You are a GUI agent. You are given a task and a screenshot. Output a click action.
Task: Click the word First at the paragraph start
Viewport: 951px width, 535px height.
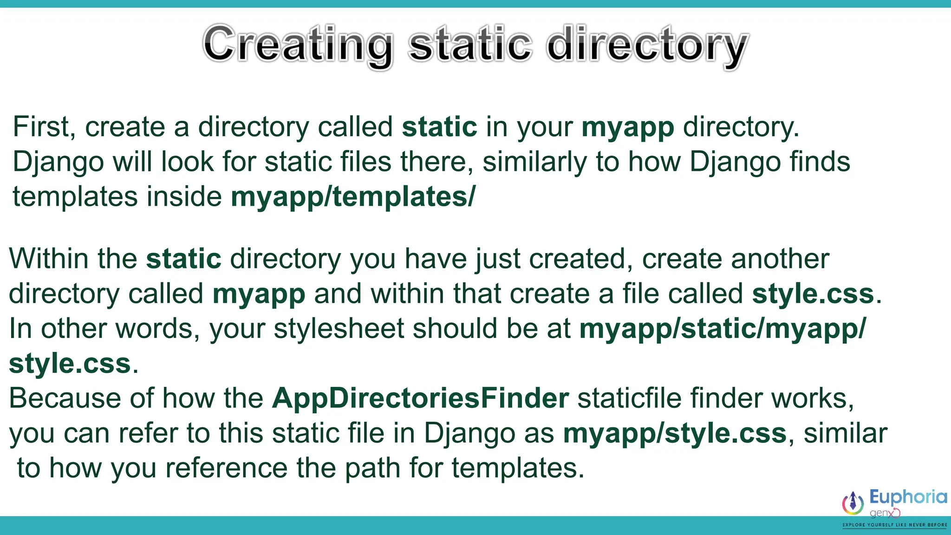click(41, 126)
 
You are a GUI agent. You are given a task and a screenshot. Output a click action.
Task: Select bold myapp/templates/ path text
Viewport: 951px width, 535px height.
click(353, 196)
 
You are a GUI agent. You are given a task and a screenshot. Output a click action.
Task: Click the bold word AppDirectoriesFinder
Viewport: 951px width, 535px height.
click(420, 398)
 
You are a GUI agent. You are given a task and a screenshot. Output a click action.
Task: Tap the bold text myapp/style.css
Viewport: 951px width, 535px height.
click(675, 433)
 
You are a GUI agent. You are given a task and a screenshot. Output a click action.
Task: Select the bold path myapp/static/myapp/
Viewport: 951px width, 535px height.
click(722, 328)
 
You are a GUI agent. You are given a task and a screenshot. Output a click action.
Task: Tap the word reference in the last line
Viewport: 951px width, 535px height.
click(226, 468)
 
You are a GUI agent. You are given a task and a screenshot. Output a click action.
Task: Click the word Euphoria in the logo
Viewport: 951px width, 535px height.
click(908, 497)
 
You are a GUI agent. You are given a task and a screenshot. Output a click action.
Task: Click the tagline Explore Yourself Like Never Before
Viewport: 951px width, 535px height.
click(894, 525)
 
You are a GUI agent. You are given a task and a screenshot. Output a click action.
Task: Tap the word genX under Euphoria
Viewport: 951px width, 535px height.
click(884, 513)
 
